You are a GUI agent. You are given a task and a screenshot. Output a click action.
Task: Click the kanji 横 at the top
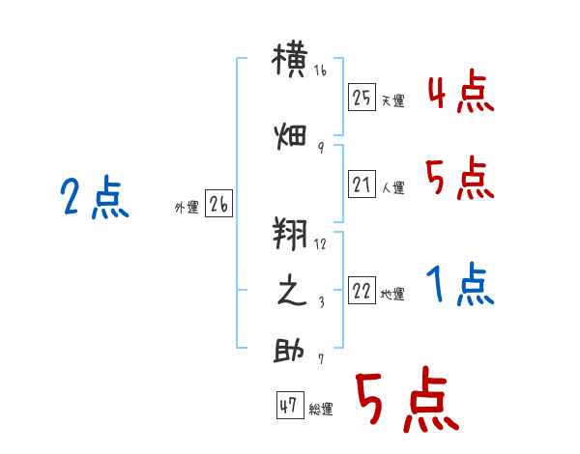click(x=290, y=60)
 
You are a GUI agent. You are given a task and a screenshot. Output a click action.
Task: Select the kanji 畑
click(x=290, y=137)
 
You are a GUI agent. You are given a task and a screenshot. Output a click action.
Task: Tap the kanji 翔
click(x=290, y=234)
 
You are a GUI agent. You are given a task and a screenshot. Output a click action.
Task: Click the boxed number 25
click(x=362, y=98)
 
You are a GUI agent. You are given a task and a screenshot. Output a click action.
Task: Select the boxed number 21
click(x=362, y=184)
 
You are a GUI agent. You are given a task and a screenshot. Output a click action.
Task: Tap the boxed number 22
click(x=362, y=290)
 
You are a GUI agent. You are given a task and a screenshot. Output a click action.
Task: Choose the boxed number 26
click(x=218, y=204)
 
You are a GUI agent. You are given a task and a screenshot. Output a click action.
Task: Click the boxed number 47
click(x=290, y=405)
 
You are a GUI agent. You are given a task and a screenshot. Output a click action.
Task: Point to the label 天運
click(x=393, y=100)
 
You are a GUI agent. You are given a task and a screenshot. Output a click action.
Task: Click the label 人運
click(x=393, y=187)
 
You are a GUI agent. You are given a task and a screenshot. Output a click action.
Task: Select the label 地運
click(x=392, y=295)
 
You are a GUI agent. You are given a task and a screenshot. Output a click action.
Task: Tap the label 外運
click(x=187, y=208)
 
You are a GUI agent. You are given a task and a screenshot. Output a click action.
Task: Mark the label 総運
click(x=321, y=410)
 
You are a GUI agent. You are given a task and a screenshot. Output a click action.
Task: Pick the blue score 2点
click(x=95, y=197)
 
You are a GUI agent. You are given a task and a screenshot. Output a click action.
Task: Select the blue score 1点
click(x=460, y=284)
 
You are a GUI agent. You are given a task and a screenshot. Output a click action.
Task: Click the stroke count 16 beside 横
click(x=320, y=71)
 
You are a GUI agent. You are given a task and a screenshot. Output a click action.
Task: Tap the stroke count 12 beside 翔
click(x=320, y=244)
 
